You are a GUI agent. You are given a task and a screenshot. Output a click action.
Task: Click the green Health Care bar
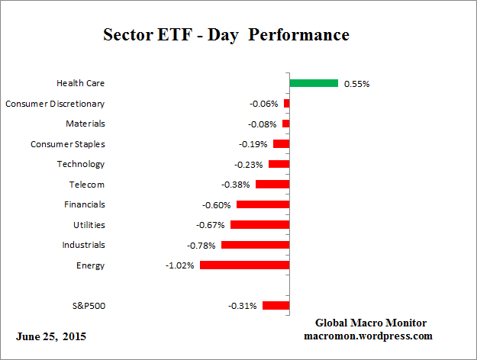[x=314, y=82]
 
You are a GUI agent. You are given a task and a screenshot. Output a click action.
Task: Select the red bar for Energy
[x=244, y=265]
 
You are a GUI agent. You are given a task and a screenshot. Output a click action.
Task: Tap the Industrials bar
[x=255, y=245]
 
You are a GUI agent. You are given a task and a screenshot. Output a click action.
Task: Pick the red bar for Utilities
[x=259, y=225]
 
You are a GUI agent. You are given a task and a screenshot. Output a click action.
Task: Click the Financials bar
[x=263, y=204]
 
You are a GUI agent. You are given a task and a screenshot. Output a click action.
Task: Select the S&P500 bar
[x=276, y=306]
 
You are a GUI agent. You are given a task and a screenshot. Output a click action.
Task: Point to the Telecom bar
[x=272, y=184]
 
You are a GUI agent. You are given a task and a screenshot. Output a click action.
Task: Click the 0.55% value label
[x=356, y=83]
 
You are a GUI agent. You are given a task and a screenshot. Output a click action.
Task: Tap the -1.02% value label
[x=180, y=265]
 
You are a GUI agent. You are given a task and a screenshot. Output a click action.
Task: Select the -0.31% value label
[x=243, y=306]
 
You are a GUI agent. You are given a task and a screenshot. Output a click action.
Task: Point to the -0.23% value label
[x=249, y=164]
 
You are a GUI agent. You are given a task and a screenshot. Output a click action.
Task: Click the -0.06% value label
[x=264, y=103]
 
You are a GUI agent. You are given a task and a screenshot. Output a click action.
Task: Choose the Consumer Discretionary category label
[x=55, y=103]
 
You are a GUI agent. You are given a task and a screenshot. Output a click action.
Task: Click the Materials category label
[x=85, y=124]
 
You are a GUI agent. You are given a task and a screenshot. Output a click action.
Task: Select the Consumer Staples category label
[x=67, y=143]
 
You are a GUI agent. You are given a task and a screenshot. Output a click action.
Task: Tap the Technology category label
[x=80, y=164]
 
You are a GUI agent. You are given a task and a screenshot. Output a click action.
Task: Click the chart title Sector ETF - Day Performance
[x=226, y=35]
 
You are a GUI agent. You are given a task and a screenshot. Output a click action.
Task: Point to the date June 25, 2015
[x=51, y=336]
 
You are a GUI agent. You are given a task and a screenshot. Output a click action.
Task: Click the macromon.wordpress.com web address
[x=369, y=335]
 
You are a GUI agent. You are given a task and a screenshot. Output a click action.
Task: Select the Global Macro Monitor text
[x=370, y=323]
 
